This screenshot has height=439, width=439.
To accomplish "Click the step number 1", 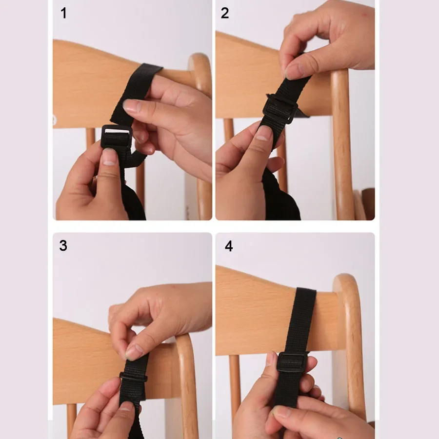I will tap(63, 13).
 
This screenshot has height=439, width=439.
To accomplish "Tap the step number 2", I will tap(224, 13).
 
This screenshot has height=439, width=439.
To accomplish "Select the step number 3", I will tap(63, 245).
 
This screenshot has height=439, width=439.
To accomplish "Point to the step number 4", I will tap(229, 246).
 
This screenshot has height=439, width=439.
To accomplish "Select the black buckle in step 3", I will tap(133, 378).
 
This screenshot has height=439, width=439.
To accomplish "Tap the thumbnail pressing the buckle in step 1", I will tap(110, 157).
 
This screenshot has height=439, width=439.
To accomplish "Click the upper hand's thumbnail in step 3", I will tap(134, 352).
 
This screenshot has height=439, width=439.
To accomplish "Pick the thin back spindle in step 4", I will tap(235, 385).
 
